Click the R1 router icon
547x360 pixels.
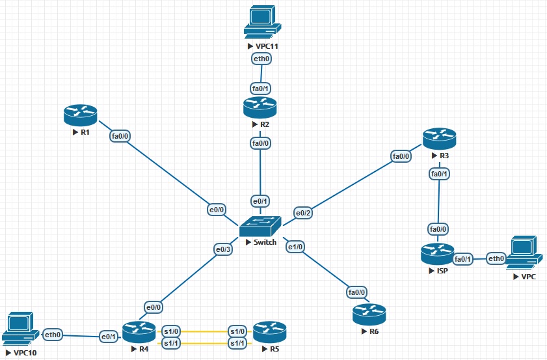[x=81, y=115]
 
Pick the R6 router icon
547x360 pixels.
[x=369, y=314]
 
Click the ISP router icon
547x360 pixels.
[x=437, y=253]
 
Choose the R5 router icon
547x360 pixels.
[x=269, y=333]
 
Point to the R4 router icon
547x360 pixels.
[x=139, y=333]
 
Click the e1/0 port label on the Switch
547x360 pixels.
[x=296, y=247]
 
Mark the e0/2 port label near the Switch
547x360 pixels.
[x=304, y=213]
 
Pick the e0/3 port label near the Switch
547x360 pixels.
[x=223, y=249]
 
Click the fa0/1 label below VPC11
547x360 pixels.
[x=261, y=88]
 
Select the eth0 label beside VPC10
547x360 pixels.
[x=53, y=335]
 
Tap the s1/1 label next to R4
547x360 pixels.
[x=170, y=343]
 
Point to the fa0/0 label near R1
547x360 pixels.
[x=120, y=136]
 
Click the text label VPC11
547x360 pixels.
[x=267, y=47]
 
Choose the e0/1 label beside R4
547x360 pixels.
[x=107, y=337]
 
